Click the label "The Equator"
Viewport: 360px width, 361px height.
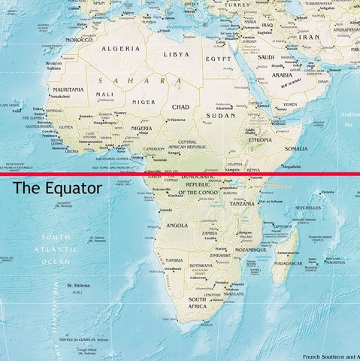coord(57,188)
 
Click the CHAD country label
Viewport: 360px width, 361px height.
coord(180,107)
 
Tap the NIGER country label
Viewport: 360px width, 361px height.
coord(144,102)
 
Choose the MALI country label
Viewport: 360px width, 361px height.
coord(104,95)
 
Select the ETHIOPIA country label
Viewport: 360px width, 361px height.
coord(260,140)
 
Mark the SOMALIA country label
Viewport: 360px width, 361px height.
coord(295,149)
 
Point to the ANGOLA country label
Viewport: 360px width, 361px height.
coord(177,225)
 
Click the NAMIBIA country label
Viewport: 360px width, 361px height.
coord(174,260)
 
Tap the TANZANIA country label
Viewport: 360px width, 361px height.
coord(242,204)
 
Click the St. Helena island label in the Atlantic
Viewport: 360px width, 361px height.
coord(79,286)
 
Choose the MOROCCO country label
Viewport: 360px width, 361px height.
coord(79,39)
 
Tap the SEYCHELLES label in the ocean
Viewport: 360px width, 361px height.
coord(328,208)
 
